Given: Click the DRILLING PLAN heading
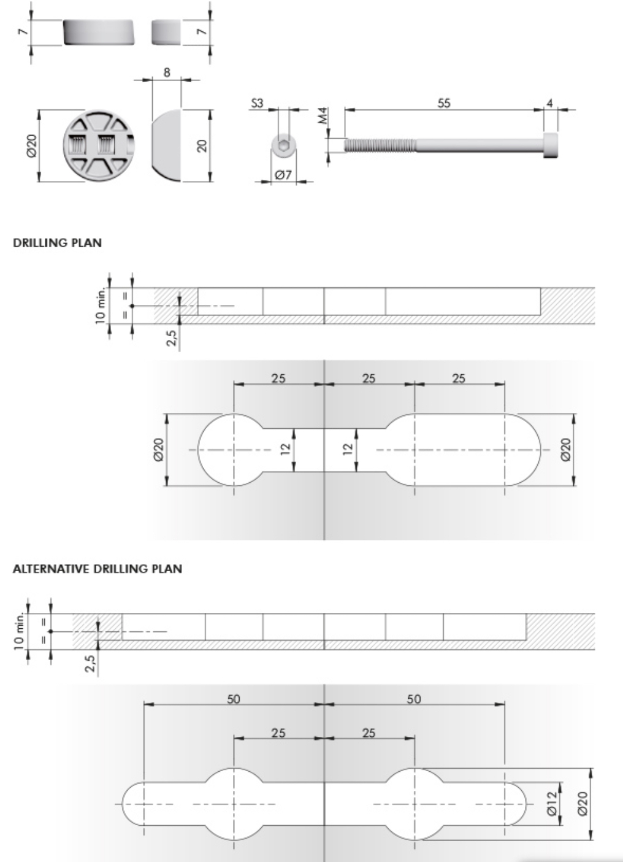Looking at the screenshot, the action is (57, 243).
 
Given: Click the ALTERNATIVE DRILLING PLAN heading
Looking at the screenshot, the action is (97, 569).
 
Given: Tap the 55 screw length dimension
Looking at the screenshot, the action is (444, 103).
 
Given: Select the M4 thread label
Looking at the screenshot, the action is (323, 116).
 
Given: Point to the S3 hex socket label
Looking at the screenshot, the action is (258, 103).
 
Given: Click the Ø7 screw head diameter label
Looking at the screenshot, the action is (283, 175).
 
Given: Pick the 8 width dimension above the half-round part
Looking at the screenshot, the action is (167, 72).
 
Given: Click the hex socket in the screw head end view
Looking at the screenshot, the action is (284, 145).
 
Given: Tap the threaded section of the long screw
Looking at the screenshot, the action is (380, 145).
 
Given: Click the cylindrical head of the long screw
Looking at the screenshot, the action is (551, 145).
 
